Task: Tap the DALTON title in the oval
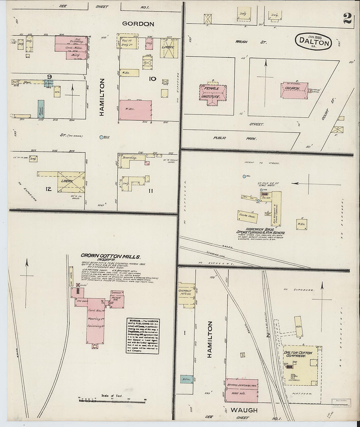314,42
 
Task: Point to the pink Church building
294,90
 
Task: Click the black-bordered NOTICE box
143,335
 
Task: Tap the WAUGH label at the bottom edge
243,410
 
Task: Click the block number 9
49,77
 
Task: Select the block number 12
48,188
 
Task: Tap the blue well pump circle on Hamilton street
101,137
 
